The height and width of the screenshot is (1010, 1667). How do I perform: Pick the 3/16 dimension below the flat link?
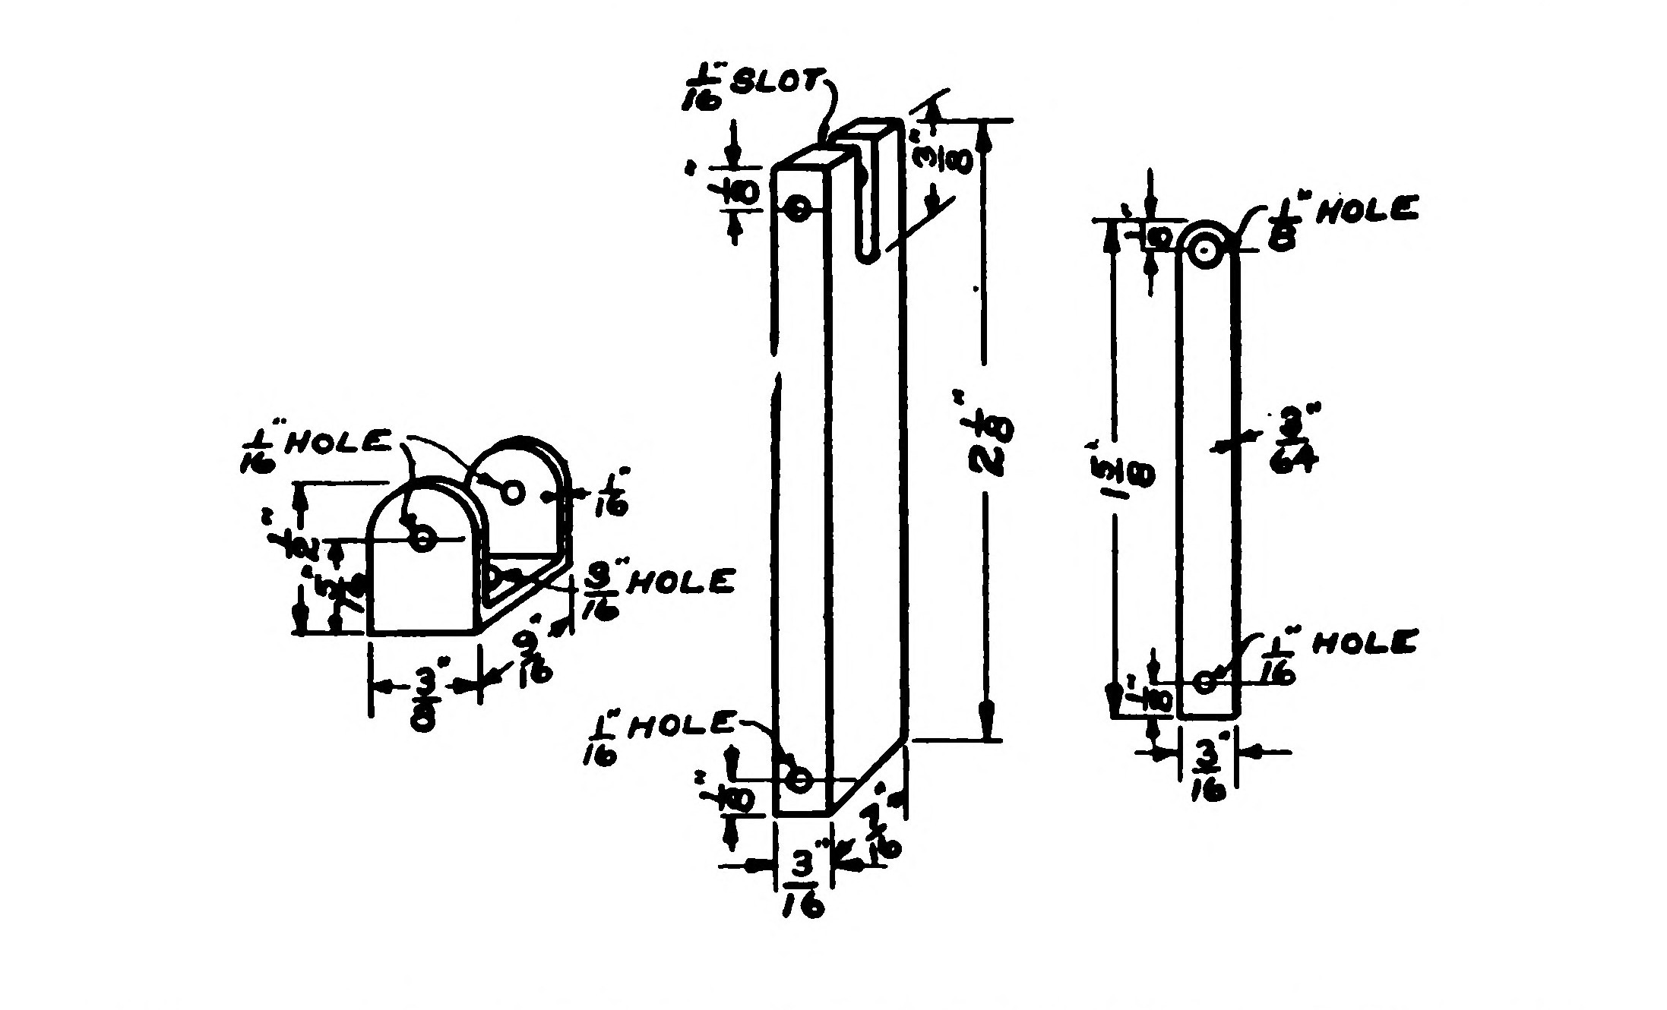click(x=1208, y=771)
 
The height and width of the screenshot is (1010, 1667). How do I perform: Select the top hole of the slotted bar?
click(x=798, y=208)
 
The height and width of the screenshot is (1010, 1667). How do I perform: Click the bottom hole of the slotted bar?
click(x=799, y=779)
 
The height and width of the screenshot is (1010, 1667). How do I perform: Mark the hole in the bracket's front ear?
click(x=423, y=539)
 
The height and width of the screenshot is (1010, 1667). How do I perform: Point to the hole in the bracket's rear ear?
click(x=514, y=492)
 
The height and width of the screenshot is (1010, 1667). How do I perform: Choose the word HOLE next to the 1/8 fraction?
click(x=1367, y=209)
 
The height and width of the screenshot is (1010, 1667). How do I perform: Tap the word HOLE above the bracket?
click(x=337, y=442)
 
